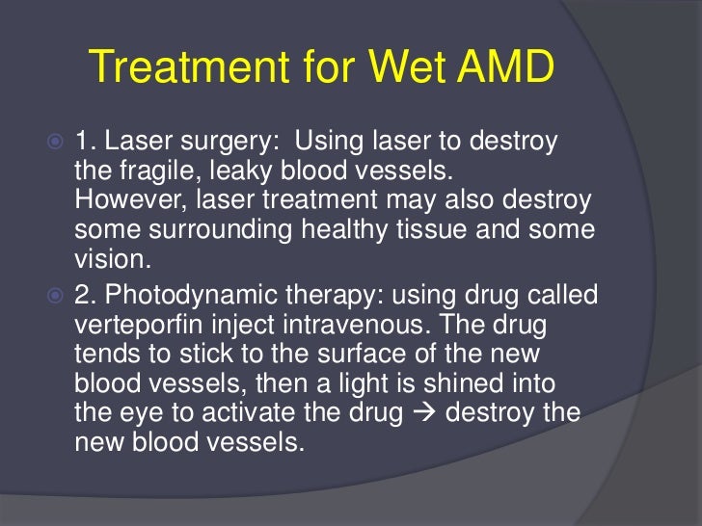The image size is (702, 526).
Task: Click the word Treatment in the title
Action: [172, 69]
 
